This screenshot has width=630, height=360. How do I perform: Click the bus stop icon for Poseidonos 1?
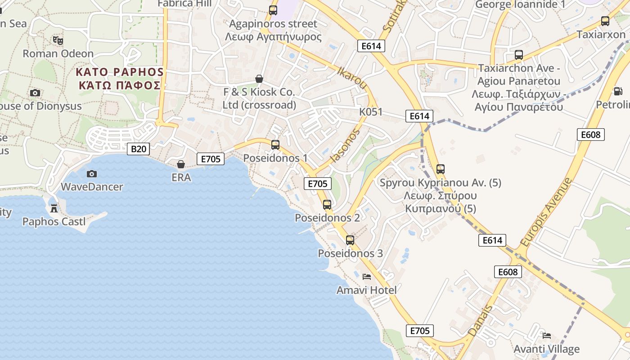[x=275, y=145]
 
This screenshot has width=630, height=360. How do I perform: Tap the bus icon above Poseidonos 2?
[x=327, y=205]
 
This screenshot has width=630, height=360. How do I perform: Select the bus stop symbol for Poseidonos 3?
[x=350, y=240]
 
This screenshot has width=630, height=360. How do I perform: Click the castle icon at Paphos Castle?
[x=54, y=208]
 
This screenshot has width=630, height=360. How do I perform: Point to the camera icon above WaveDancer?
[x=91, y=174]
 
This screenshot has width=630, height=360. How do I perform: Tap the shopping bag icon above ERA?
[x=181, y=164]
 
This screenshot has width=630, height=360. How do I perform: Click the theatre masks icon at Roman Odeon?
[x=58, y=40]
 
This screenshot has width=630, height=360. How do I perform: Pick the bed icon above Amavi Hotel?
[x=367, y=276]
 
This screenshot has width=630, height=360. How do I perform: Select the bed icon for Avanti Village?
[x=547, y=335]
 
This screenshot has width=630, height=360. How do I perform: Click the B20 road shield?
[x=138, y=149]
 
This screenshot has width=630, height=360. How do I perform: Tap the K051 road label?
[x=370, y=112]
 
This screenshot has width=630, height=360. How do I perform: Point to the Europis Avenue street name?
[x=545, y=212]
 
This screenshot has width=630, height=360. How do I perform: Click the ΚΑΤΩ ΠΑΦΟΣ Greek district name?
[x=119, y=85]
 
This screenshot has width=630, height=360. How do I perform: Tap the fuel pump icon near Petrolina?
[x=618, y=91]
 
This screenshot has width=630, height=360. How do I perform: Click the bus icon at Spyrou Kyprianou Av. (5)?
[x=441, y=169]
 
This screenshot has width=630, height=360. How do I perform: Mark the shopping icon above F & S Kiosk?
[x=259, y=79]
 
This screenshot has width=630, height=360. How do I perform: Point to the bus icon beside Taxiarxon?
[x=605, y=21]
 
